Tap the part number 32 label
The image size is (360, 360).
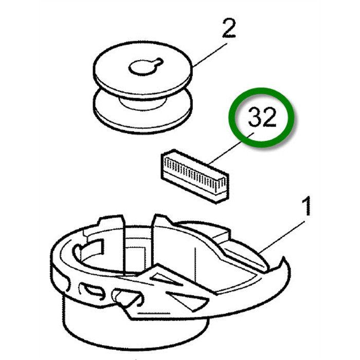tap(262, 117)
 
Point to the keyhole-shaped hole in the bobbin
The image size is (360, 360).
tap(146, 66)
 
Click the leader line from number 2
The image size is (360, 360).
tap(210, 55)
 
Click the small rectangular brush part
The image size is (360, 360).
tap(194, 176)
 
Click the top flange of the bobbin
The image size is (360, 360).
tap(142, 70)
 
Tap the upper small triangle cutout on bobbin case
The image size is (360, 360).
tap(166, 279)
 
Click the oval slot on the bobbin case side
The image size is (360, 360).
tap(93, 291)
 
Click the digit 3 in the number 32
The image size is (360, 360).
tap(255, 117)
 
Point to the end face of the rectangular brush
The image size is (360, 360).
tap(222, 188)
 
